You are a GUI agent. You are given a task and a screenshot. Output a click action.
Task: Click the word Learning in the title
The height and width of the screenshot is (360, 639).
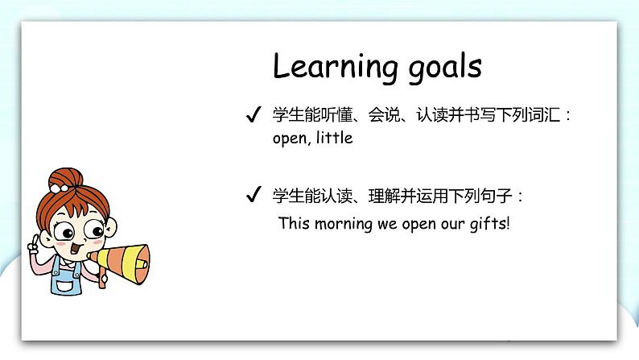(330, 68)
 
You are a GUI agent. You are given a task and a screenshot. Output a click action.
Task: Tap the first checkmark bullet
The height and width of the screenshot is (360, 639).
(252, 116)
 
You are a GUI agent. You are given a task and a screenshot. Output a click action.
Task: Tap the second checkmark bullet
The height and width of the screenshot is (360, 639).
(252, 195)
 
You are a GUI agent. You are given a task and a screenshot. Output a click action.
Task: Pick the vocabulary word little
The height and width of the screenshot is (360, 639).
(334, 138)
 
